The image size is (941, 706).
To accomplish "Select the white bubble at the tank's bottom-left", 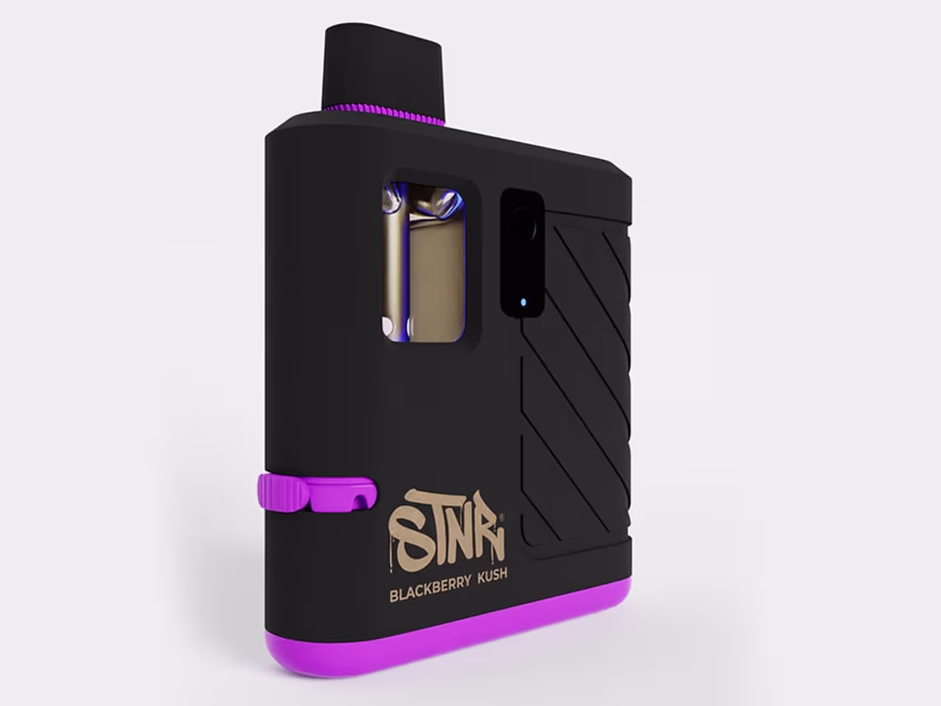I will click(x=387, y=325).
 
